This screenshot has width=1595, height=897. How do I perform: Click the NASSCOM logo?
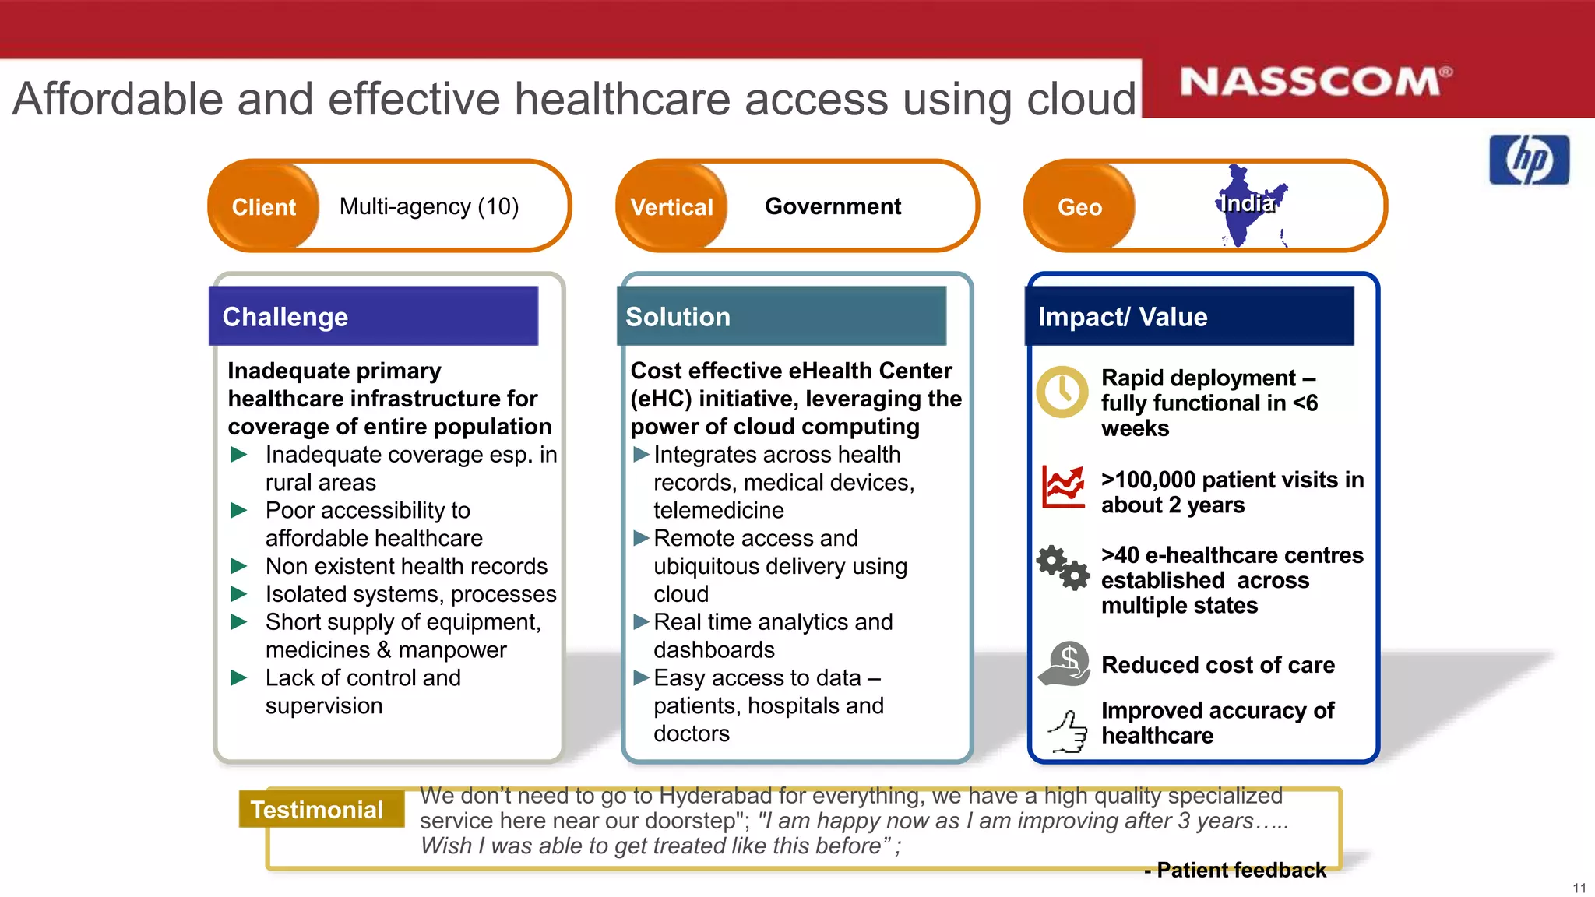(1315, 82)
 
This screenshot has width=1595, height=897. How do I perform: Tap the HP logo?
(1529, 160)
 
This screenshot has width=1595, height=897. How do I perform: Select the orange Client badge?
(264, 206)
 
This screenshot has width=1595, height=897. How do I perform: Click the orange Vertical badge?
(671, 206)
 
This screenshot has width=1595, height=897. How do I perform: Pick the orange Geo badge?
(1079, 206)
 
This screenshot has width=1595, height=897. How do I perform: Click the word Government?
(833, 206)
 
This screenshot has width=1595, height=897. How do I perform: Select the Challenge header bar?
(373, 316)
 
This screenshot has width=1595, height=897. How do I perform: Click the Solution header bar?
(781, 316)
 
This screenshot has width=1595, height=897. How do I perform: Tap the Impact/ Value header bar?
(1189, 316)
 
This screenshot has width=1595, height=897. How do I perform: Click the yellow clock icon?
(1062, 391)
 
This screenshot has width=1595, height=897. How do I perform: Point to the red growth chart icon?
(1063, 487)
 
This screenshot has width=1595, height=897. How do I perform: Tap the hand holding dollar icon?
(1065, 663)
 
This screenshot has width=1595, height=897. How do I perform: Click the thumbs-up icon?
(1068, 731)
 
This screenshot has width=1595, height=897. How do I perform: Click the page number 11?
(1579, 888)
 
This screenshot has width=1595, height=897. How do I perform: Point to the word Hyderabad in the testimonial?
(715, 796)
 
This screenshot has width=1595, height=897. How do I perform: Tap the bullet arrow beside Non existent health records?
(239, 566)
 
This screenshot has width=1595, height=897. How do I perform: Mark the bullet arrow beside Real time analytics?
(641, 621)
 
